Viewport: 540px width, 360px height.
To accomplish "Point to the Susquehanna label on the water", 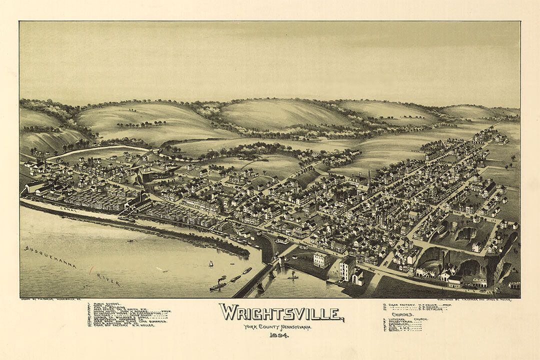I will point(49,256).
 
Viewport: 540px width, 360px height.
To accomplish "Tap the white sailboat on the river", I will point(211,263).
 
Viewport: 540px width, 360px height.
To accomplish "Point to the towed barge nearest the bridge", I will point(247,270).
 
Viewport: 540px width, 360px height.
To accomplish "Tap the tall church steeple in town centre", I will point(369,178).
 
